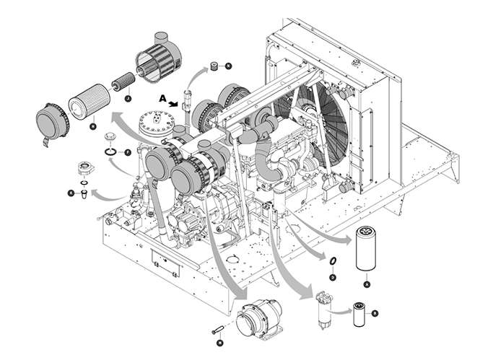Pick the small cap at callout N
click(x=214, y=67)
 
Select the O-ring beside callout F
click(x=110, y=152)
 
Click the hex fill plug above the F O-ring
click(x=110, y=137)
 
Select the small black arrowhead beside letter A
click(x=175, y=104)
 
